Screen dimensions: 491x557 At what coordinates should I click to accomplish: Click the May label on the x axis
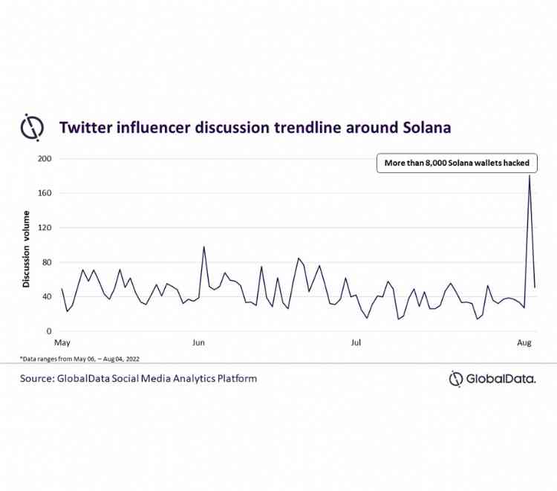[62, 343]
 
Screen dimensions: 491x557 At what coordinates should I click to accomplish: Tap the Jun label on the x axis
[198, 343]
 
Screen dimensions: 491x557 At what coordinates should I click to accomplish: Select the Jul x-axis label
[356, 343]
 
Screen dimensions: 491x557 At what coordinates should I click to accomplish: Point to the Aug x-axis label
[523, 343]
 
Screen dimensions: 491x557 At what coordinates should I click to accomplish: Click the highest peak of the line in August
[529, 175]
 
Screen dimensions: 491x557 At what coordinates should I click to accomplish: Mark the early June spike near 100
[203, 247]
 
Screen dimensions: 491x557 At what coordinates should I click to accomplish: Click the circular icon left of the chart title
[33, 127]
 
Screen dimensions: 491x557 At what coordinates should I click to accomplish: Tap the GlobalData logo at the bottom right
[492, 379]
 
